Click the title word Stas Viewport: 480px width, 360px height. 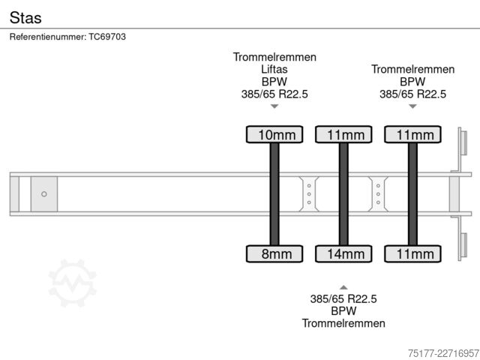pyautogui.click(x=25, y=18)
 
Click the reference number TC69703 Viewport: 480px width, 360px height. pyautogui.click(x=107, y=37)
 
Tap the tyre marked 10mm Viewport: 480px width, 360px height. pyautogui.click(x=274, y=134)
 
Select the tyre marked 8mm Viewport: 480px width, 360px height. pyautogui.click(x=274, y=253)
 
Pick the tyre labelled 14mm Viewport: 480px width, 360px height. pyautogui.click(x=343, y=253)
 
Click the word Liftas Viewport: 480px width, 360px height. pyautogui.click(x=274, y=69)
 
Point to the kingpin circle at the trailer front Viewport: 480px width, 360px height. pyautogui.click(x=44, y=194)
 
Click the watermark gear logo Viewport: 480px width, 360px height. pyautogui.click(x=73, y=283)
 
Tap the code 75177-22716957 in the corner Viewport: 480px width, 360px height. pyautogui.click(x=443, y=353)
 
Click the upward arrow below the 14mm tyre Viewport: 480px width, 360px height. pyautogui.click(x=343, y=287)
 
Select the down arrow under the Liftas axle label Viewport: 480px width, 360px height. pyautogui.click(x=274, y=106)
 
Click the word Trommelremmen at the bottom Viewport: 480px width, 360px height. pyautogui.click(x=343, y=323)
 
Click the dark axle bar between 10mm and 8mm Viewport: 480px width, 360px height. pyautogui.click(x=274, y=194)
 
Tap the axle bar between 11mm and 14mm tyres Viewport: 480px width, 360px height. pyautogui.click(x=343, y=194)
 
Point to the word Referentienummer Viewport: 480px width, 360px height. pyautogui.click(x=48, y=37)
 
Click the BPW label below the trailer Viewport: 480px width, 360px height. pyautogui.click(x=343, y=311)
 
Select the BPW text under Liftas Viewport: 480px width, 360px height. pyautogui.click(x=274, y=82)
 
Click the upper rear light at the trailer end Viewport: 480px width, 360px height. pyautogui.click(x=464, y=142)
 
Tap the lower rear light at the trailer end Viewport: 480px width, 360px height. pyautogui.click(x=464, y=245)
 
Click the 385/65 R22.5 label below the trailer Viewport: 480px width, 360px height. pyautogui.click(x=343, y=298)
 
